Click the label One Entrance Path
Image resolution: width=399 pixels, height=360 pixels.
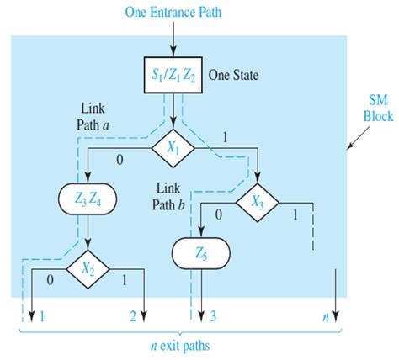173,13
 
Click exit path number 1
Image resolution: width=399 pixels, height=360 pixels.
41,315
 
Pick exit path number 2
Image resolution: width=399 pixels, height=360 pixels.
132,315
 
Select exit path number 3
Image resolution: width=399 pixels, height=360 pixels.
214,315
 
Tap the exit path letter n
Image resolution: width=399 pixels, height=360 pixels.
324,315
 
